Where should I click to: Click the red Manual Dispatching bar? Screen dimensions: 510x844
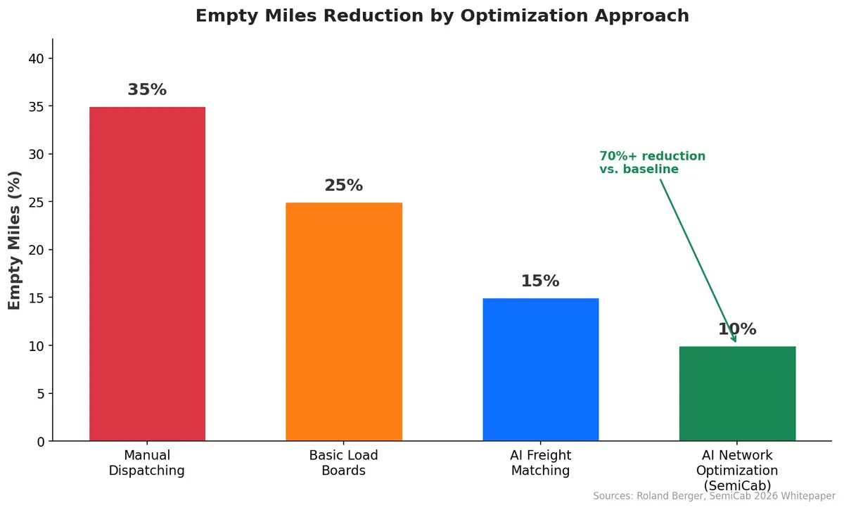147,274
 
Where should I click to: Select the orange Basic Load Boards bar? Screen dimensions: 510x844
343,322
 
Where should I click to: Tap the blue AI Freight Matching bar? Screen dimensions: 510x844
540,370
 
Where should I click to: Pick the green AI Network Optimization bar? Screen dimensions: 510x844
736,394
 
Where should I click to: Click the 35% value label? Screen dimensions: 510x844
147,90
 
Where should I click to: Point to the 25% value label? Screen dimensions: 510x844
343,186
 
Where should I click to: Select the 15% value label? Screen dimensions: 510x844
540,281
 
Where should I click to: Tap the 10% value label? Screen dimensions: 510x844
736,329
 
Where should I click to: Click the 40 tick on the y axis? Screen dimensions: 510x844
37,58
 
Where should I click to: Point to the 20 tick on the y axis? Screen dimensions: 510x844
37,250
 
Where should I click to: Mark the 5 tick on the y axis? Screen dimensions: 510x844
41,393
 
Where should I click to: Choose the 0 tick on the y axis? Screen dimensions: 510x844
41,441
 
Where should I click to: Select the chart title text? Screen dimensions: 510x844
442,15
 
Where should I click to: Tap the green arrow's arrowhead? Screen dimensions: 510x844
734,339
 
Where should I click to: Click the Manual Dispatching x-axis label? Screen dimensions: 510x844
147,463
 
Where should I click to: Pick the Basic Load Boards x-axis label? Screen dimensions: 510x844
343,463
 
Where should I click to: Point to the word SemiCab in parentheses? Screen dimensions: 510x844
736,485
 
